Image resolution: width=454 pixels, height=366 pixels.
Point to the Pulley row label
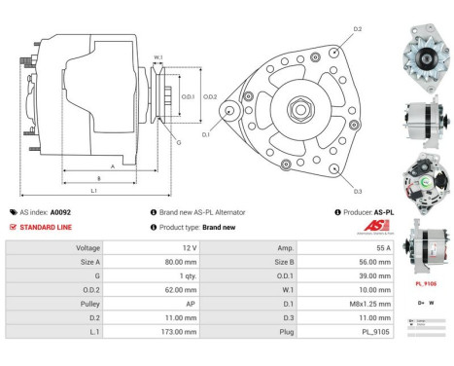[x=88, y=303]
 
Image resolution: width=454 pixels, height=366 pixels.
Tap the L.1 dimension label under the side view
[x=93, y=191]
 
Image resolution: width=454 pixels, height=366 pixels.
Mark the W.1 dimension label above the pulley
[x=157, y=57]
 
